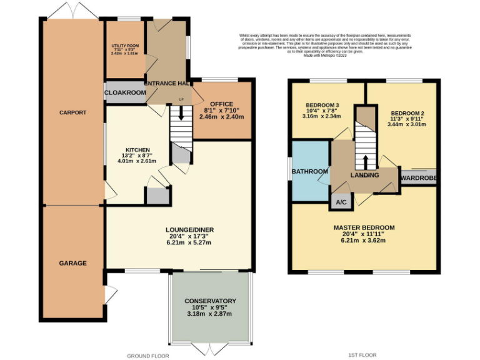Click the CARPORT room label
pos(72,113)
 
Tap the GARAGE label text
pos(72,263)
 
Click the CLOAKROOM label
pos(125,92)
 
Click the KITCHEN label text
pos(138,150)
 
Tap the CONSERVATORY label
pos(210,301)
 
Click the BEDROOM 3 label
pos(323,104)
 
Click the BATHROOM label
pos(312,172)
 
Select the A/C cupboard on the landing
pos(341,202)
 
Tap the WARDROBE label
pos(419,177)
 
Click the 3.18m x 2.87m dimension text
pos(210,314)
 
